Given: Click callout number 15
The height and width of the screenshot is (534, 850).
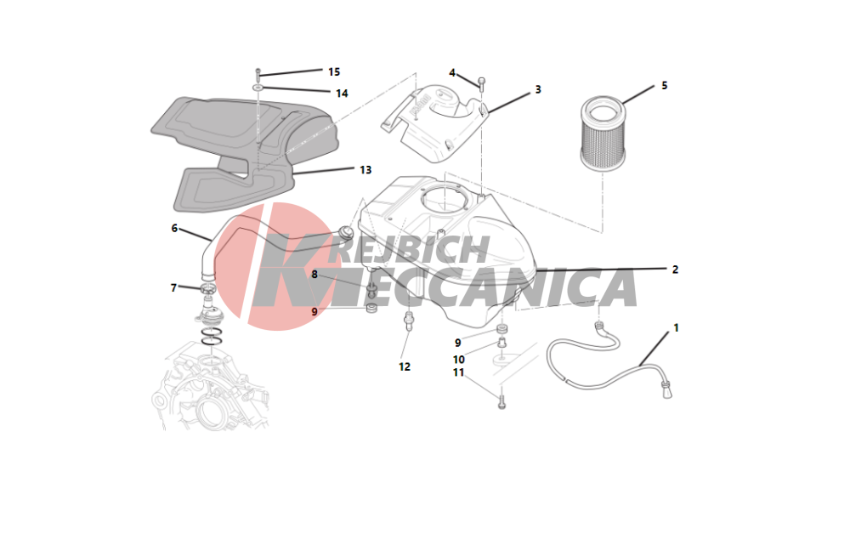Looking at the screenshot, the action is pos(334,72).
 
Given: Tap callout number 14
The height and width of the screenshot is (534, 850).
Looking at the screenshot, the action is pos(342,94).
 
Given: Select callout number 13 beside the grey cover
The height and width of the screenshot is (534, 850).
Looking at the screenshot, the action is pos(365,170).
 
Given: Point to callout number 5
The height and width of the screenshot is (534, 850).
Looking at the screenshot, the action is pos(664,86).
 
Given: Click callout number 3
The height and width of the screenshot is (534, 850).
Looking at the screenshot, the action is pos(538,89).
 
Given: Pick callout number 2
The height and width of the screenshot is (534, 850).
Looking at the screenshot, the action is pos(675,270).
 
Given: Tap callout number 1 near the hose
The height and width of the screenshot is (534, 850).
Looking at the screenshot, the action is pos(676,328).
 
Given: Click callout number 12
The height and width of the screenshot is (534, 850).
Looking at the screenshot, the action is pos(405,367).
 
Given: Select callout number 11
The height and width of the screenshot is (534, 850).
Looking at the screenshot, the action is pos(459,372).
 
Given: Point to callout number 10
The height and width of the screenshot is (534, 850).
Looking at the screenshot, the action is pos(459,360).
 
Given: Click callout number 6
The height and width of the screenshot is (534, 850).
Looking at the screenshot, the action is pos(174,228).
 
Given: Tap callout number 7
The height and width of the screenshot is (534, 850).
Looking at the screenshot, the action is pos(173,288).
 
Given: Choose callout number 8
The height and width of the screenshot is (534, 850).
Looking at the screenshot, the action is pos(314,275).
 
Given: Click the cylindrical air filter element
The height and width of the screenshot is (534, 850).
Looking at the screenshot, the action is pos(603,133).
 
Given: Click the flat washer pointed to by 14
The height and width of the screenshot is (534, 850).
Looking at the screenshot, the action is pos(258,87).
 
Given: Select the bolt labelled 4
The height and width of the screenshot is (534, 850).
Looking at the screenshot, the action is pos(481,83).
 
